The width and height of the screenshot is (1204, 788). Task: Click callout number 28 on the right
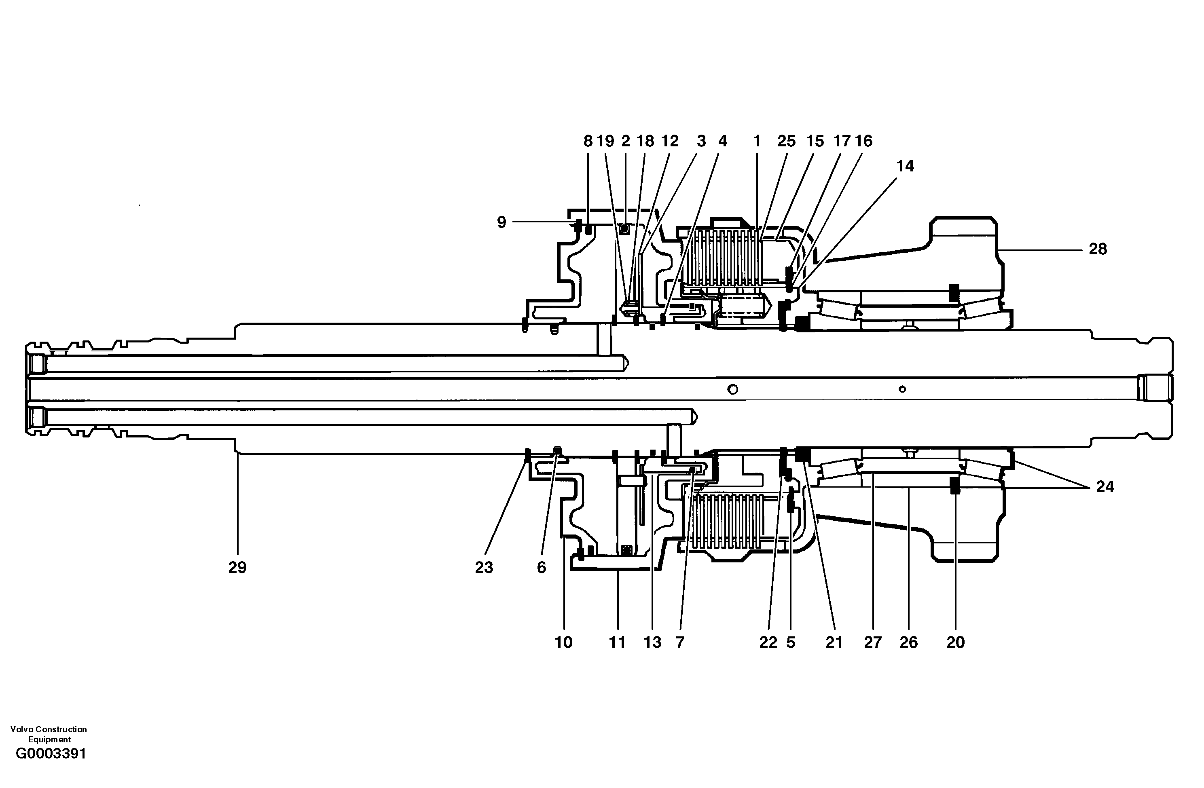point(1098,249)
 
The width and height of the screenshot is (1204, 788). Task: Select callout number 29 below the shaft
point(237,568)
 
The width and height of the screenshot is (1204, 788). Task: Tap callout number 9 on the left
point(501,222)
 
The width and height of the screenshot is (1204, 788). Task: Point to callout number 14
point(905,166)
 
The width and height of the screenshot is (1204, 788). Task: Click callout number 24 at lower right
point(1105,486)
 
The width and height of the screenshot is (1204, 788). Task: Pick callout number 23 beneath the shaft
point(484,568)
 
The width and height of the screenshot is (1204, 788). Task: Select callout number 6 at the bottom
point(541,568)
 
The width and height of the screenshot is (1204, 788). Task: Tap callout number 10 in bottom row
point(563,642)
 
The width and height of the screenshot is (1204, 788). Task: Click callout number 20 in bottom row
point(956,642)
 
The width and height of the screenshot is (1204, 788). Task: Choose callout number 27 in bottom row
point(873,642)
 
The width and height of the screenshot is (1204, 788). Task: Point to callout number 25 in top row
point(786,141)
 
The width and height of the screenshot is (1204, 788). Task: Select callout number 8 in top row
point(588,141)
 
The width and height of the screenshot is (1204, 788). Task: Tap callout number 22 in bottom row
point(768,642)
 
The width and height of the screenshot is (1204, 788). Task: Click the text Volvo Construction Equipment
point(49,734)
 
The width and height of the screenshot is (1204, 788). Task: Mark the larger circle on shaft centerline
point(732,389)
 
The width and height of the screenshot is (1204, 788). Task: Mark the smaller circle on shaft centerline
point(902,389)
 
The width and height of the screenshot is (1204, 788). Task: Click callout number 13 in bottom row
point(653,642)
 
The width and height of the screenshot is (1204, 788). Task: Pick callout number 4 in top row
point(722,141)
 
